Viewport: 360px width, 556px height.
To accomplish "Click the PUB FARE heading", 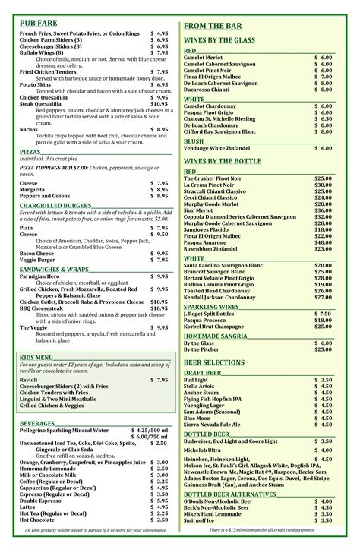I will pos(39,24).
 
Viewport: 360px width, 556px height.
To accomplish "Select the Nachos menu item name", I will pos(30,130).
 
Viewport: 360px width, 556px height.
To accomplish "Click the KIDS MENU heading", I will pos(36,357).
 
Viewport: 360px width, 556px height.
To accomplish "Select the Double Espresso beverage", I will pos(41,501).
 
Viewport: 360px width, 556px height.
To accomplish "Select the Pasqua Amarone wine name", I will pos(210,242).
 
